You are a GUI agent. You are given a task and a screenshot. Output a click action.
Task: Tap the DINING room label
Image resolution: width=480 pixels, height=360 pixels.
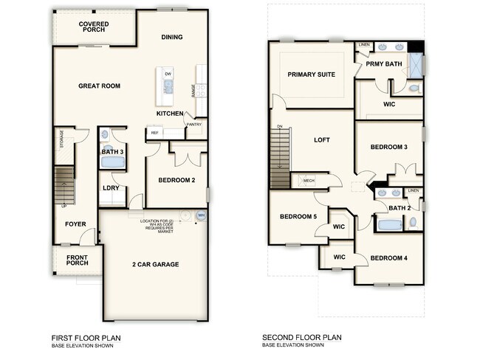pos(172,37)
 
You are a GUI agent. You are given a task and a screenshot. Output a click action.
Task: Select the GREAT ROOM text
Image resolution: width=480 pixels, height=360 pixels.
pos(100,86)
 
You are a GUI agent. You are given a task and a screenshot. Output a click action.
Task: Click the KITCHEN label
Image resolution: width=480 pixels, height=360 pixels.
pos(170,114)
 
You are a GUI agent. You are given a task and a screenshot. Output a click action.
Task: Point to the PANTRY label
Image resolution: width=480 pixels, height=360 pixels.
pos(194,125)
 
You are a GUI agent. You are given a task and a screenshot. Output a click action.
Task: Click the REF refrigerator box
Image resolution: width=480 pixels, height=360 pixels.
pos(155,133)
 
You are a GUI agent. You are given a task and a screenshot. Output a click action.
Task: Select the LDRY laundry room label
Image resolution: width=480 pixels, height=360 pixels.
pos(112,187)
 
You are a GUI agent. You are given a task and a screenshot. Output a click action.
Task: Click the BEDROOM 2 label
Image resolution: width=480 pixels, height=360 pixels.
pos(176,179)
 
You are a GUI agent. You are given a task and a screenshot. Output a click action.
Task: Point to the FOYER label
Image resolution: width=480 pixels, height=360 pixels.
pos(75,224)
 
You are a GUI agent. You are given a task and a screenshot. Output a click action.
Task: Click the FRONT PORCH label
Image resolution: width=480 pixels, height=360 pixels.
pos(78,260)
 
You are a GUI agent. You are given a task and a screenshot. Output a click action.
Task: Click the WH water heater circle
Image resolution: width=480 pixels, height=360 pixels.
pos(200,215)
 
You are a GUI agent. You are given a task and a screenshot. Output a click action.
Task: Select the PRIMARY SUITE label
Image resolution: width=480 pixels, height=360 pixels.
pos(311,75)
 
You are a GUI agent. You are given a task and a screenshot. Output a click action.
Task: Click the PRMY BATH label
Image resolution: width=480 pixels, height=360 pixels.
pos(384,64)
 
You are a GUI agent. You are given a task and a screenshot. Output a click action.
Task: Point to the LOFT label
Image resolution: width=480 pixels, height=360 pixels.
pos(321,139)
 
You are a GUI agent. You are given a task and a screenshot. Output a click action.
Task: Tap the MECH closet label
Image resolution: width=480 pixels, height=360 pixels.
pos(309,181)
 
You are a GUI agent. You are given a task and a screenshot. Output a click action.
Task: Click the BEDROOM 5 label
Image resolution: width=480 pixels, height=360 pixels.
pos(298,216)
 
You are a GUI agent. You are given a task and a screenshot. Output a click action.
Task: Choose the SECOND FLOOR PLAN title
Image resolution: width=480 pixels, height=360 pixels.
pos(301,338)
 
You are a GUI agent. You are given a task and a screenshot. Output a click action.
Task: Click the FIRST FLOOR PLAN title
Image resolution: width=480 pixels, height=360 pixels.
pos(87,338)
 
